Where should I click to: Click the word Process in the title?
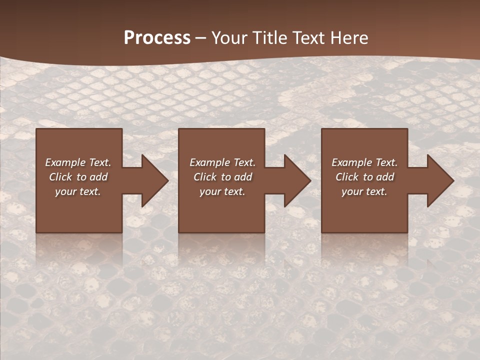157,38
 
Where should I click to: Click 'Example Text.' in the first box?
78,162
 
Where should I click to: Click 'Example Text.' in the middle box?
222,162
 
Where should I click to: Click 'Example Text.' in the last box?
364,162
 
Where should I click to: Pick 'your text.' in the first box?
78,191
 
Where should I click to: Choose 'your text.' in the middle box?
222,191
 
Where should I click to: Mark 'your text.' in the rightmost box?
364,191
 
